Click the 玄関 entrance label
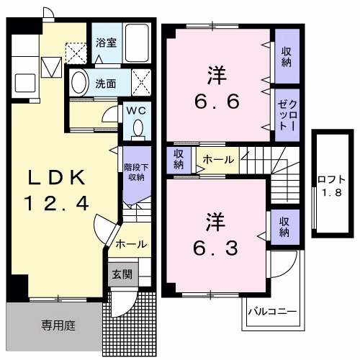(120, 274)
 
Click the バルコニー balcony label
(272, 312)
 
